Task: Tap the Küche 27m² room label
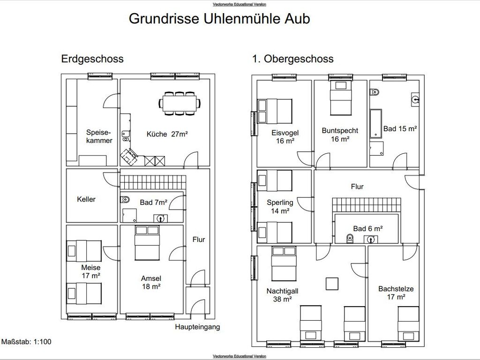click(x=167, y=134)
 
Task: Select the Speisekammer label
click(x=99, y=136)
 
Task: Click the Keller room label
click(x=86, y=199)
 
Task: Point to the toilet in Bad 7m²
click(x=125, y=200)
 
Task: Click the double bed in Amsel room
click(x=147, y=243)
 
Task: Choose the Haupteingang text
click(x=197, y=327)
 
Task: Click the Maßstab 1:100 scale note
click(x=26, y=342)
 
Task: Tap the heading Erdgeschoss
click(x=92, y=59)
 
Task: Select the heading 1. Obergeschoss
click(x=292, y=59)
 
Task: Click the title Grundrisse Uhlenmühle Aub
click(x=219, y=18)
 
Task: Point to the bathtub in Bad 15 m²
click(x=376, y=123)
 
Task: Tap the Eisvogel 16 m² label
click(x=285, y=137)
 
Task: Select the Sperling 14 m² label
click(x=280, y=207)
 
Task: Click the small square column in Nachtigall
click(x=332, y=284)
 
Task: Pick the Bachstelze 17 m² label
click(x=396, y=293)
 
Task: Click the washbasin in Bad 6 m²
click(x=370, y=239)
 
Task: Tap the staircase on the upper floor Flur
click(x=367, y=205)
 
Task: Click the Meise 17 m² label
click(x=91, y=271)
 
